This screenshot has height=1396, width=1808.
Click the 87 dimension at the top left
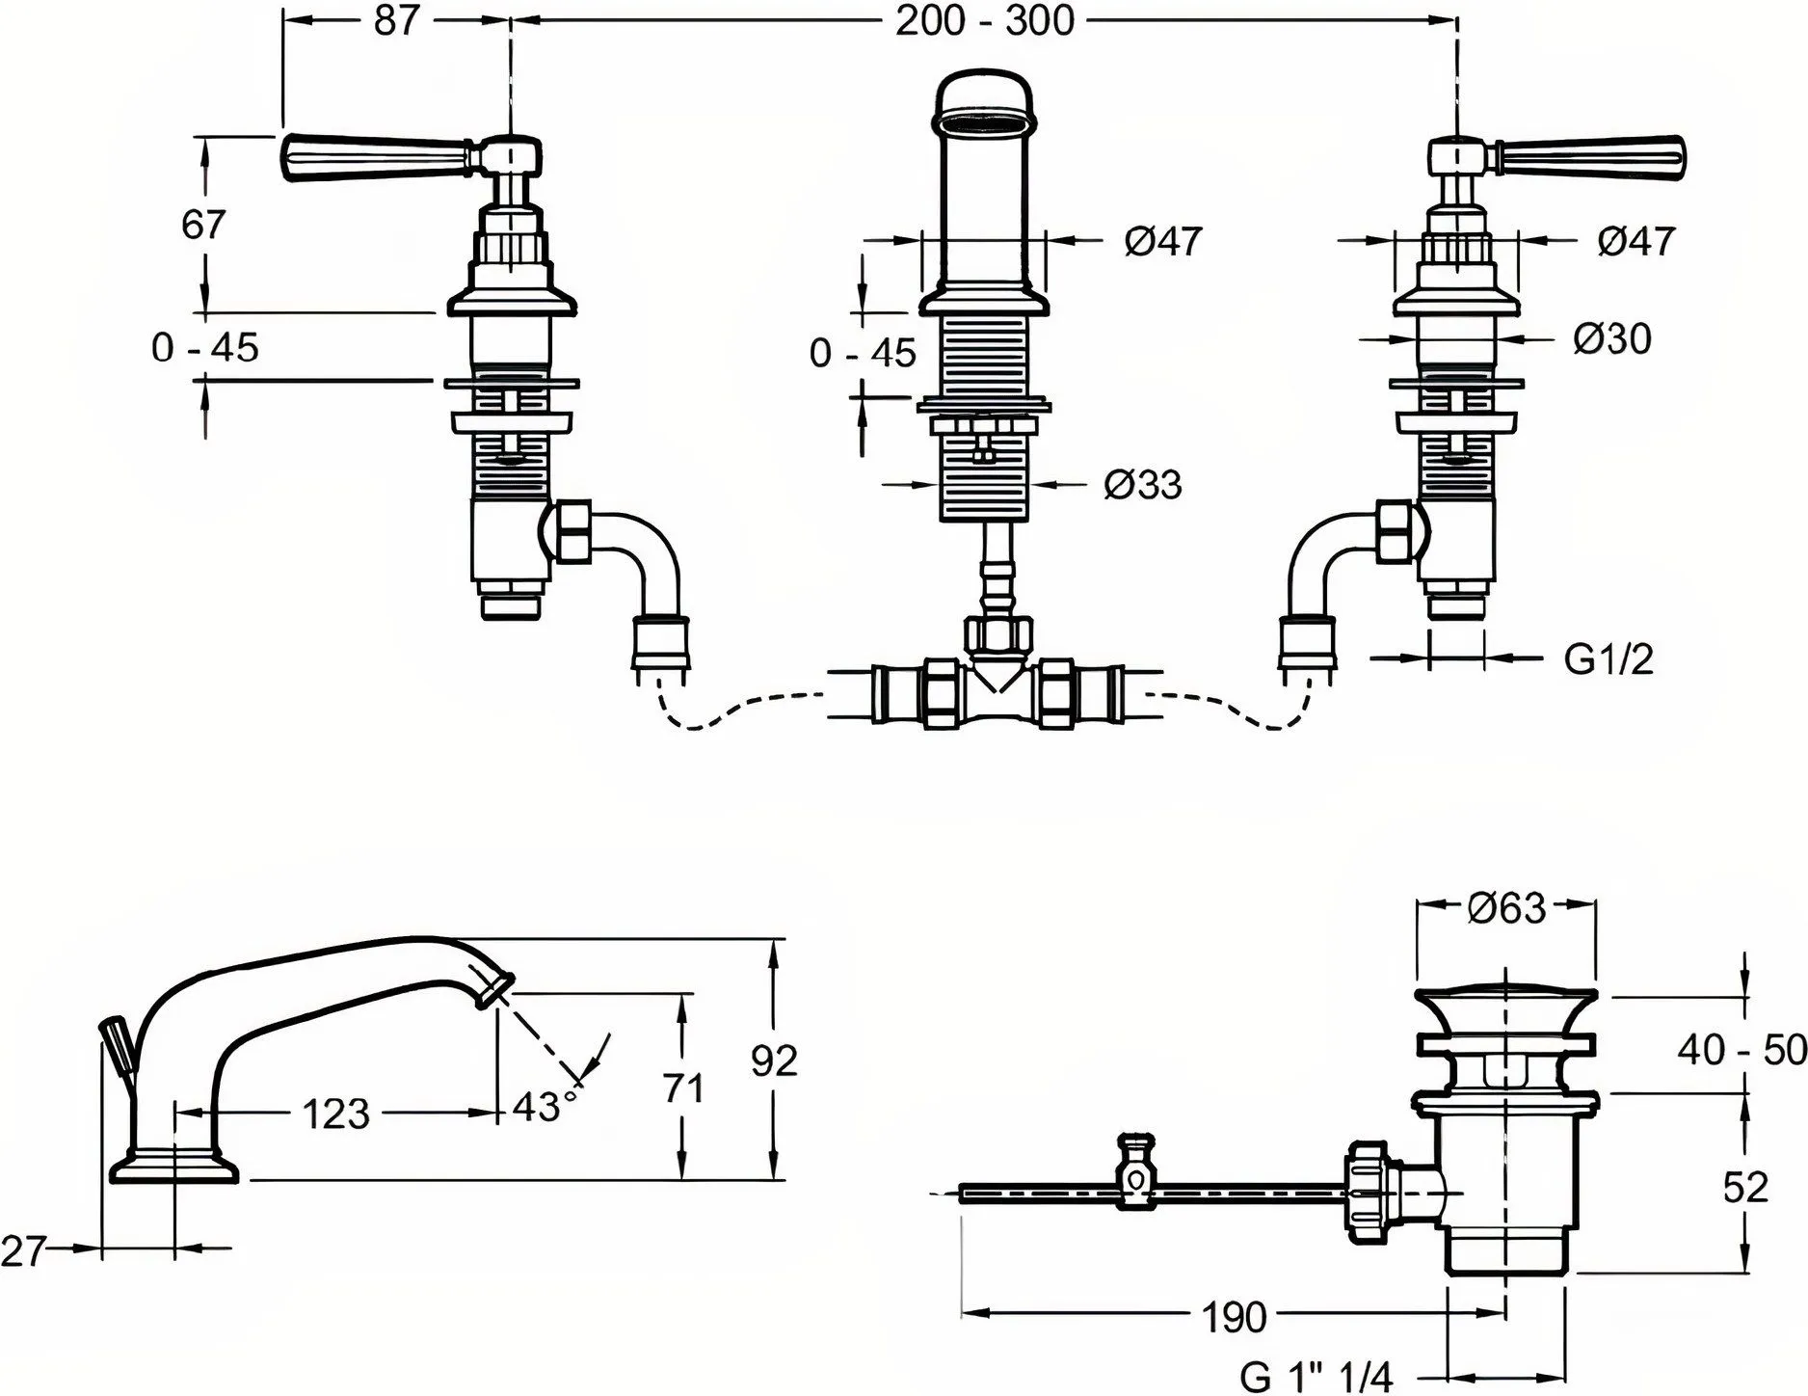point(395,20)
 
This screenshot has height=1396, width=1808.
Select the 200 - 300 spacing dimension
point(984,20)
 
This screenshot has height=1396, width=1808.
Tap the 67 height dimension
point(203,225)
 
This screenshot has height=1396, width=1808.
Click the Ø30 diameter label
point(1611,338)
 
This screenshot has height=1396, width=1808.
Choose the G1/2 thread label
point(1608,659)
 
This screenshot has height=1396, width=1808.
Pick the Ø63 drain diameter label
point(1506,907)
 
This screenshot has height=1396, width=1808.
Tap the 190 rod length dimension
point(1236,1316)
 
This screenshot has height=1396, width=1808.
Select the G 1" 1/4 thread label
point(1317,1377)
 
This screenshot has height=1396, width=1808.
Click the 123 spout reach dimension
point(336,1114)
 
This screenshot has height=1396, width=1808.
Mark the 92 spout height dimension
point(774,1060)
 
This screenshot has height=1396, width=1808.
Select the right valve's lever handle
point(1590,157)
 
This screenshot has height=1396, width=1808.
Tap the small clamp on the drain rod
point(1135,1172)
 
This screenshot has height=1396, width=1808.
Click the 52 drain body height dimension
point(1745,1188)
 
